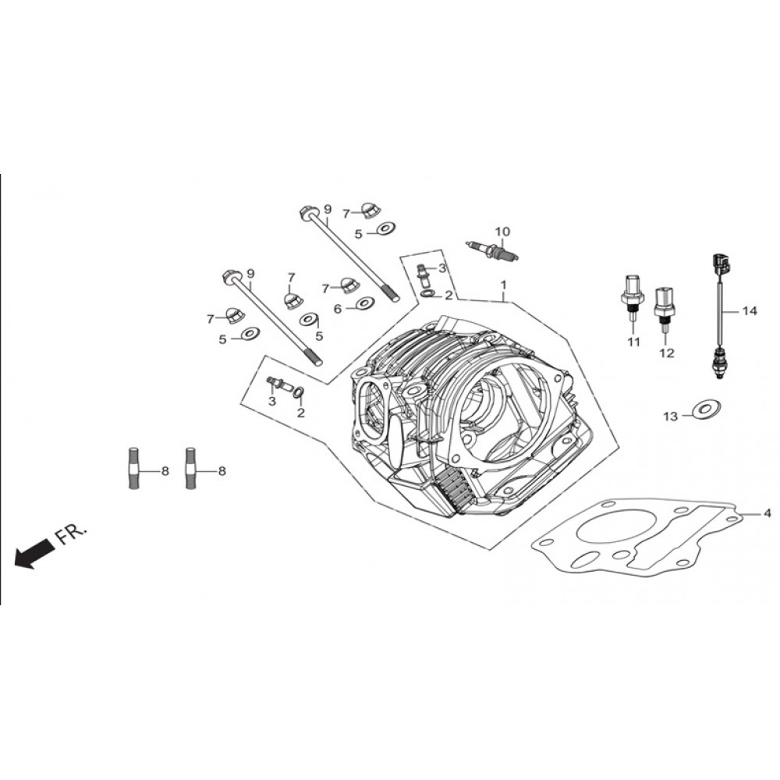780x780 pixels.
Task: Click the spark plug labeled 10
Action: pos(492,250)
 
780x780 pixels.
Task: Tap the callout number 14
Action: pos(750,311)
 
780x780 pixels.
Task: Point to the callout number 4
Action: pos(767,512)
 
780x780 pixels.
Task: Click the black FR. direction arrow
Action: pos(34,551)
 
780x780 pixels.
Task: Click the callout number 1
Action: pos(503,285)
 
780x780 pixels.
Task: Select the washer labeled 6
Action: pos(365,303)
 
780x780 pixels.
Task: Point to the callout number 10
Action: pos(502,232)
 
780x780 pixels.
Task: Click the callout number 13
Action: pos(671,416)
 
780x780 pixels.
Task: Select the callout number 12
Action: pos(667,353)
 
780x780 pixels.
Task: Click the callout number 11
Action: pos(633,342)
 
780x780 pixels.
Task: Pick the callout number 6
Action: pos(338,309)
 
